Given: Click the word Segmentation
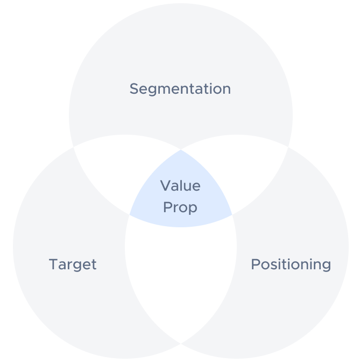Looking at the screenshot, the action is coord(180,89).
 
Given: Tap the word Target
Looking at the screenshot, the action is coord(73,264).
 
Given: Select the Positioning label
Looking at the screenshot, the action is coord(291,264).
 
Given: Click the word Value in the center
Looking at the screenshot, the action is coord(180,186).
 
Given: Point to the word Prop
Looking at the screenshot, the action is coord(180,208).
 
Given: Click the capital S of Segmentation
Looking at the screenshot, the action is coord(134,89).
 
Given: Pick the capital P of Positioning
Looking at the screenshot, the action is coord(256,264).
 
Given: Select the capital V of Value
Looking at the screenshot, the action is coord(166,186).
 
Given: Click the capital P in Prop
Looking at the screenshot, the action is coord(168,207).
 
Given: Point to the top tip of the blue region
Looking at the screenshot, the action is coord(181,150).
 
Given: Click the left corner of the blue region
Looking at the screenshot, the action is coord(129,215).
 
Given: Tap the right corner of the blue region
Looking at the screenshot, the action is coord(232,215).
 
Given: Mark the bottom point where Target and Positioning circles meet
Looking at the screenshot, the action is coord(181,344).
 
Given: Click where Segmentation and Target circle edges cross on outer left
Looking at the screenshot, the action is coord(73,147).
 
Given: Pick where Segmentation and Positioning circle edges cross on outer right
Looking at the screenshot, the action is coord(288,147).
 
